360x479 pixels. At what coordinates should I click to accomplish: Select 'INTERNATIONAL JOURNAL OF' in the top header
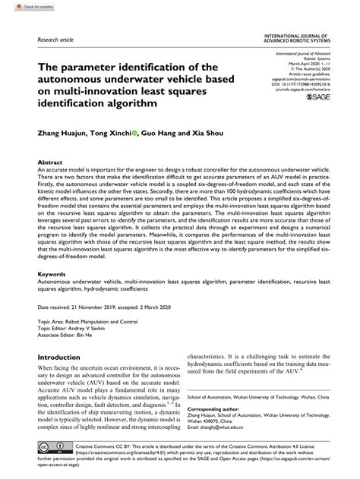point(295,36)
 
